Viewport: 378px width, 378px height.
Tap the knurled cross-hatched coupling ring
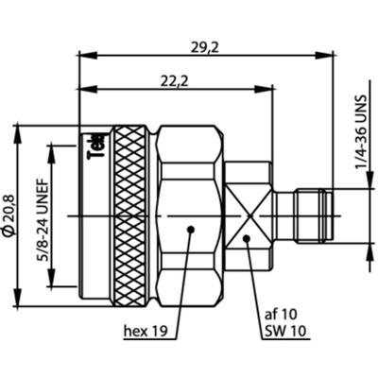pyautogui.click(x=131, y=215)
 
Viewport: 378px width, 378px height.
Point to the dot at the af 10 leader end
pyautogui.click(x=248, y=238)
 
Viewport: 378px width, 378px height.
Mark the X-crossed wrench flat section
pyautogui.click(x=248, y=215)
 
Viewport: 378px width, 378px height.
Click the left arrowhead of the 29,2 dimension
pyautogui.click(x=83, y=55)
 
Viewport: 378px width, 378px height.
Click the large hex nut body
pyautogui.click(x=189, y=215)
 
